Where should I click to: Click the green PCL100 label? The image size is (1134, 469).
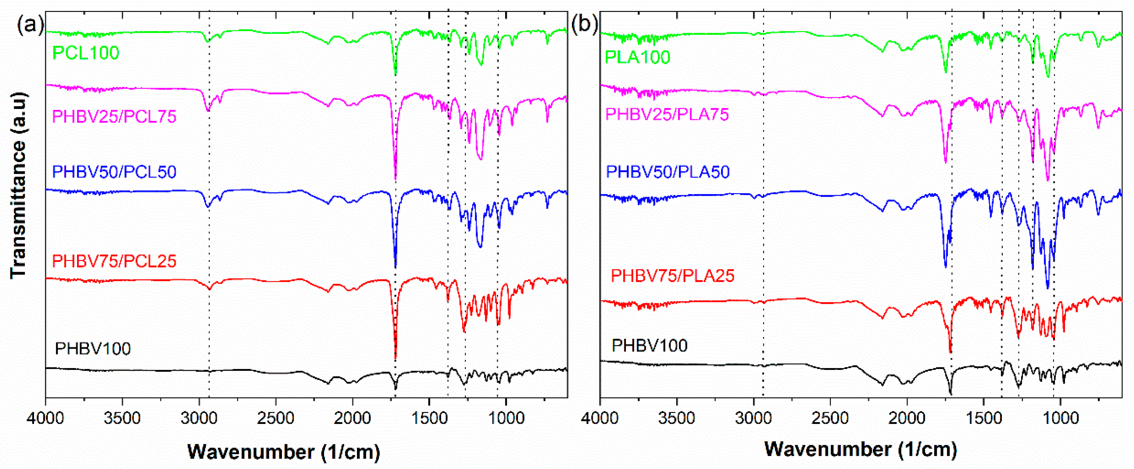coord(86,53)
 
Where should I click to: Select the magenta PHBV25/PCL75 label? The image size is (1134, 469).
coord(114,117)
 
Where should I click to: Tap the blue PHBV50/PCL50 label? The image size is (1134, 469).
coord(114,172)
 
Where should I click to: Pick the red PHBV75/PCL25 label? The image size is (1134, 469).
coord(114,261)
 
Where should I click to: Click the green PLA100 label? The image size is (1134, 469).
coord(637,58)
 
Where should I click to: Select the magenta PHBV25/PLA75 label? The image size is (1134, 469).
coord(667,114)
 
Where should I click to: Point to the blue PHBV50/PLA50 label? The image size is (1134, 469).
coord(668,172)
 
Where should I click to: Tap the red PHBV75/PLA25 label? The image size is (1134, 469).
coord(673,276)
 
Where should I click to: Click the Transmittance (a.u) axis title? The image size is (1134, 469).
coord(19,185)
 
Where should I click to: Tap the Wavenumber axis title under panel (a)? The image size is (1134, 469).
coord(284,452)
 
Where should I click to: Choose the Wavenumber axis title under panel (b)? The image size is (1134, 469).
coord(861,449)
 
